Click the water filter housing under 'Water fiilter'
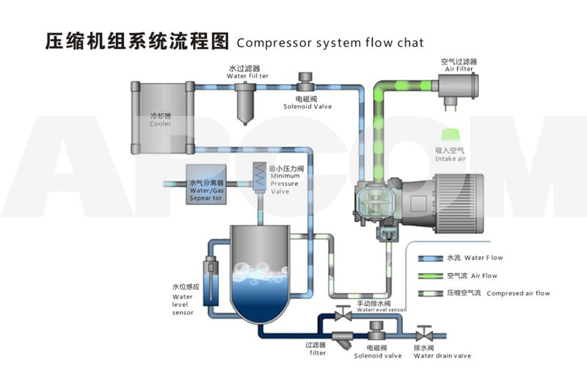coord(246,103)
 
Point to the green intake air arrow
coord(450,135)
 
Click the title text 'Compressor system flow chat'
coord(330,42)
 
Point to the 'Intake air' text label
coord(451,159)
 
